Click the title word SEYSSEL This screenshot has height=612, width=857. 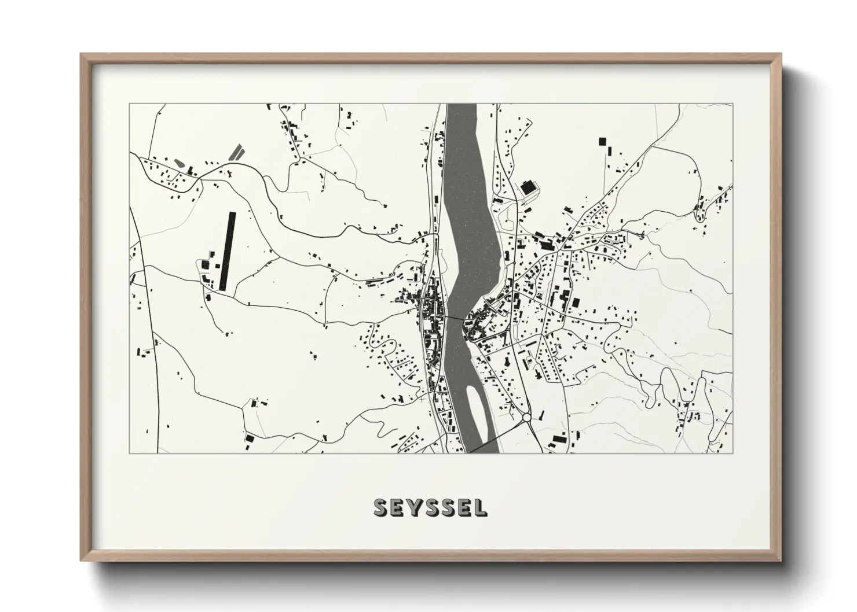[430, 507]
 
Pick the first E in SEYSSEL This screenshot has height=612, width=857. [397, 507]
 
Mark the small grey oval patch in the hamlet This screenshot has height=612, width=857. [179, 163]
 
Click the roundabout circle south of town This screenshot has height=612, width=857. [526, 417]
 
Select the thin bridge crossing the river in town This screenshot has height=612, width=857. [455, 318]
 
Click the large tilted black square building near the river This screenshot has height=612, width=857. [528, 188]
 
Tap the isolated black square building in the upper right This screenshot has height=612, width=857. [602, 141]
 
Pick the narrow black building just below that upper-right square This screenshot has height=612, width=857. [609, 151]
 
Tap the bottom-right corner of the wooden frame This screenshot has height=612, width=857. [780, 561]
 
